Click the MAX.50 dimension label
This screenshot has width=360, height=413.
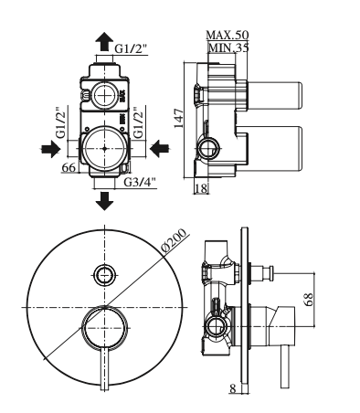228,35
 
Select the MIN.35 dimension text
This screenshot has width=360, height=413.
228,48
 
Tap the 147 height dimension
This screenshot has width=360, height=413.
179,118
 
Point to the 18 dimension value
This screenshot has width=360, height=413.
201,188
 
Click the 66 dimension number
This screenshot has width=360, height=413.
69,167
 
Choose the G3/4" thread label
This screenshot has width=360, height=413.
140,182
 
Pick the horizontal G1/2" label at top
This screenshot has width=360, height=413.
131,48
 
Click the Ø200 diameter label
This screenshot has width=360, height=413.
174,241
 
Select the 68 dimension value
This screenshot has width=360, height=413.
309,300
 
